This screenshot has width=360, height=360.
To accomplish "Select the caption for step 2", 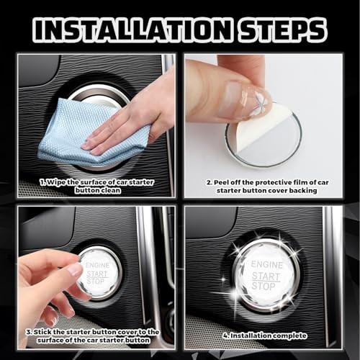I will [x=264, y=186].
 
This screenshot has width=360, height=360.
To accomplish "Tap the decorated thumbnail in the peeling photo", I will [x=256, y=100].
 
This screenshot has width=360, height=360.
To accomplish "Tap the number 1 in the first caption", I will [x=42, y=182].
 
